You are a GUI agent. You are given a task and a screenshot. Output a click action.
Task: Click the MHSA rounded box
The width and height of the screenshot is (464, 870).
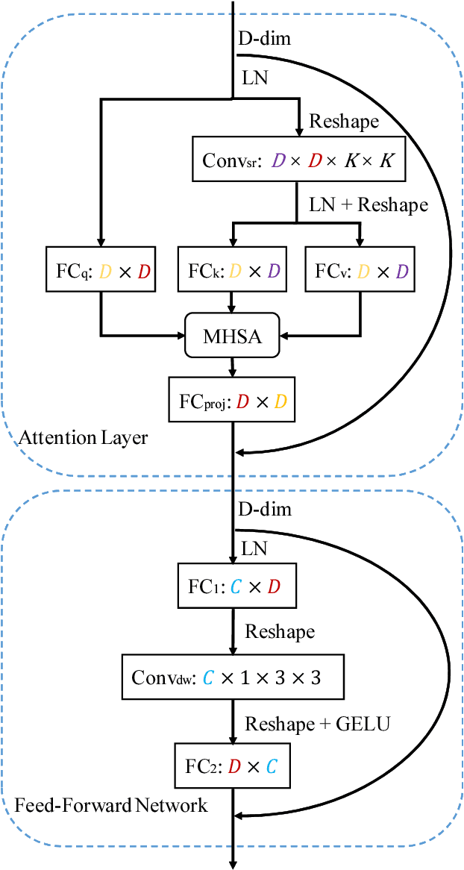pos(233,336)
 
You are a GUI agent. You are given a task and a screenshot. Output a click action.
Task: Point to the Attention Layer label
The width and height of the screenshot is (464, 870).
pos(84,438)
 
